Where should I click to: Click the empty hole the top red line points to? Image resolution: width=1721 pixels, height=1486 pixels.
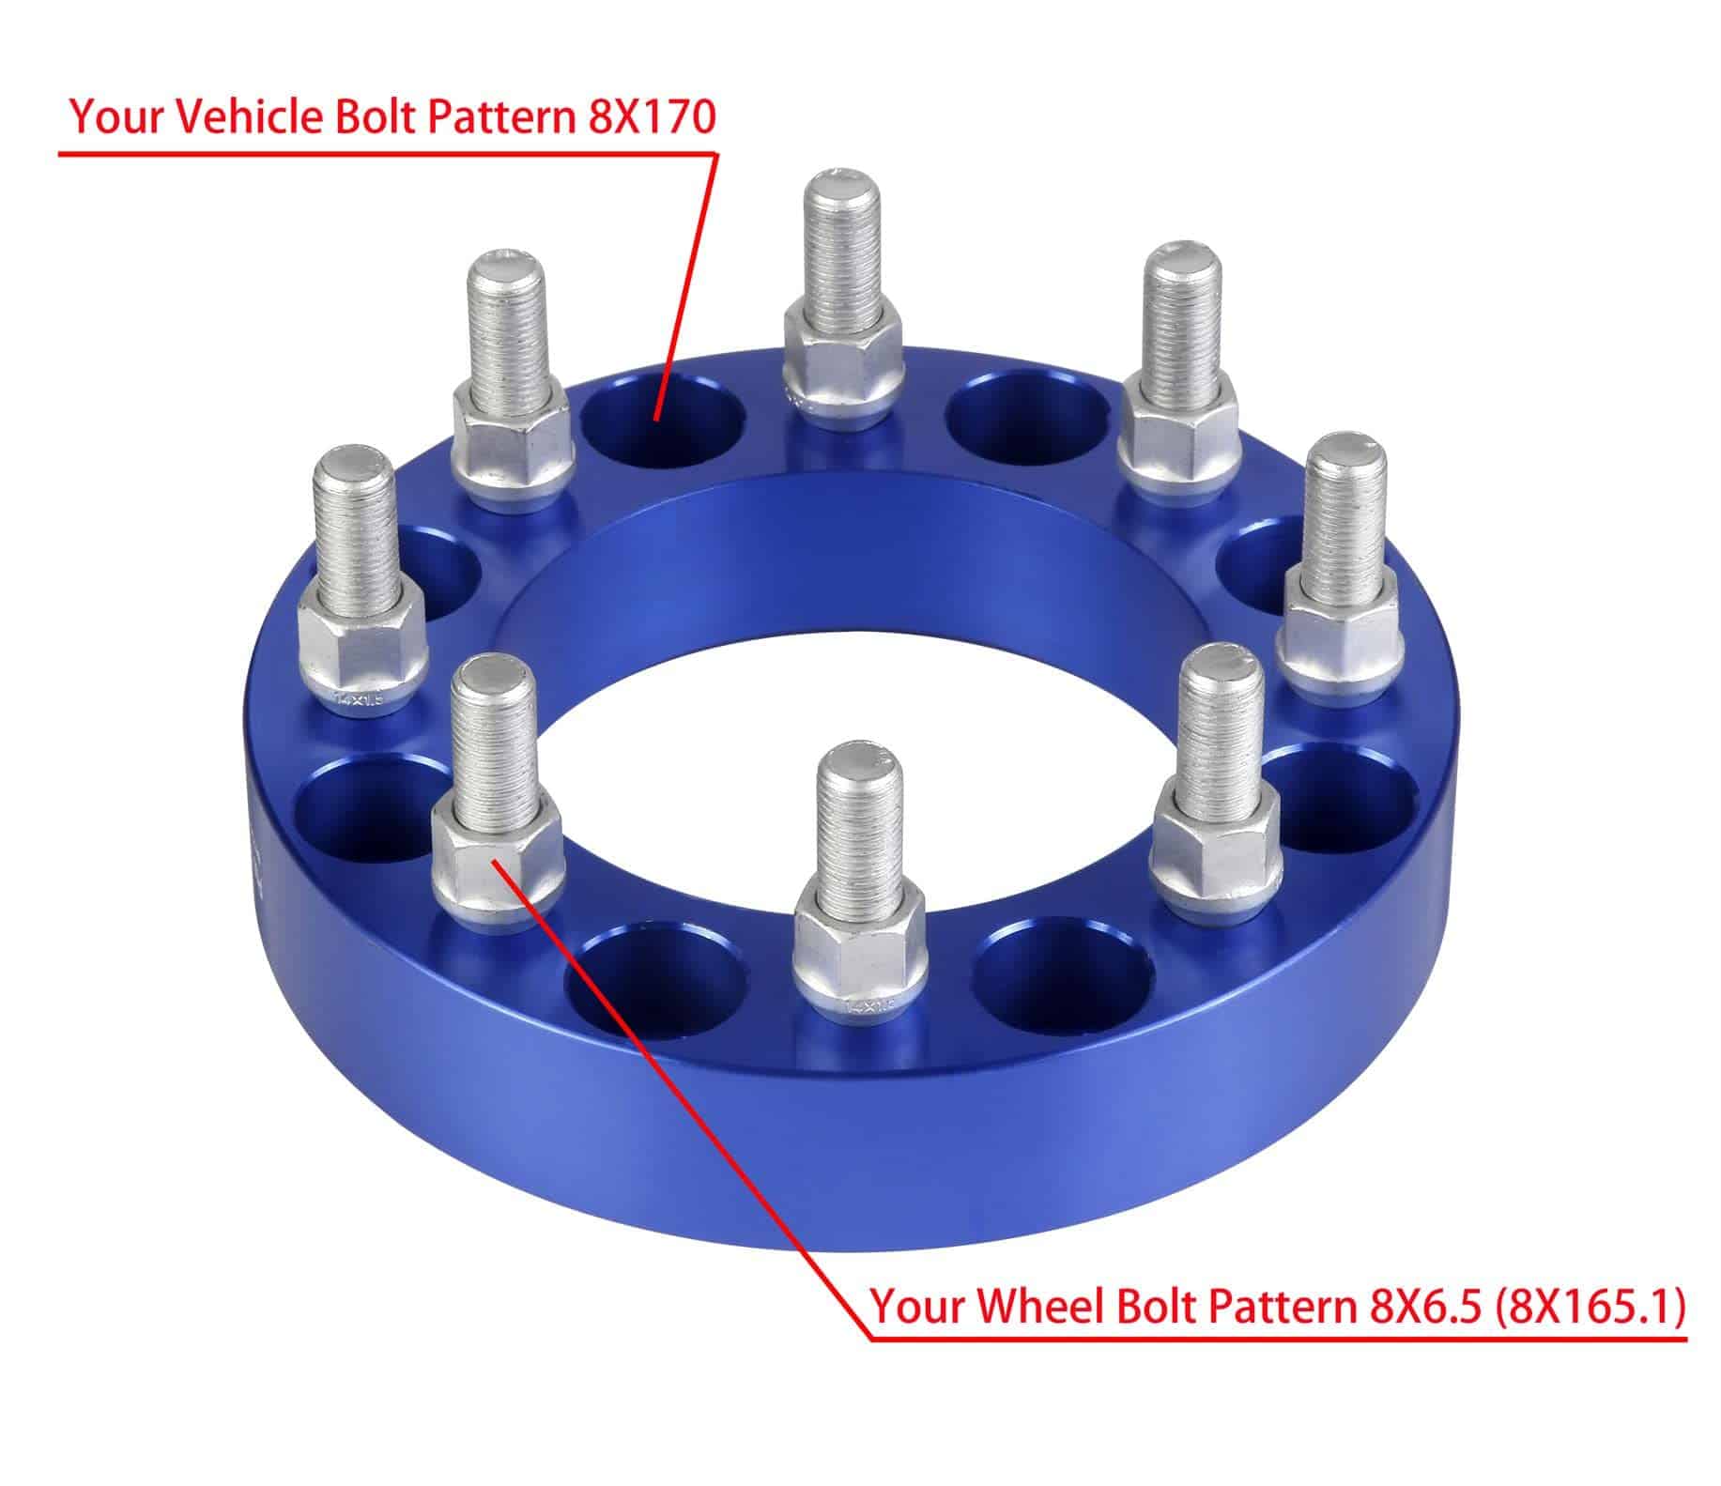662,422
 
